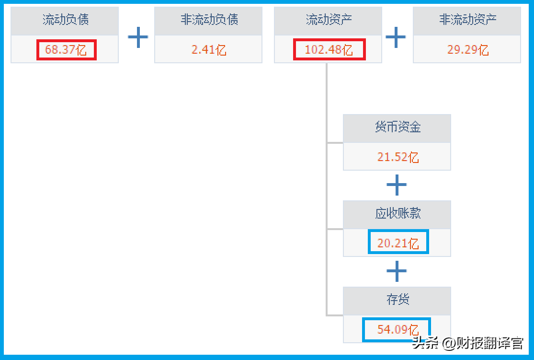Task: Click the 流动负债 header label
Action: pos(66,20)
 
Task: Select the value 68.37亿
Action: pos(66,50)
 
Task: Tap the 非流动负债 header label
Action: pos(209,20)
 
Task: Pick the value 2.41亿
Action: pos(209,50)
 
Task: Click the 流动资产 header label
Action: pos(329,20)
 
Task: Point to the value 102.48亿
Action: pos(329,50)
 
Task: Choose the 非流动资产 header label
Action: pos(467,20)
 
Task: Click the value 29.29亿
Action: pos(467,50)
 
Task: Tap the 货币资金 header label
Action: pos(398,127)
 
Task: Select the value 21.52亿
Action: pos(398,157)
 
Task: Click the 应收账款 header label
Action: pos(398,213)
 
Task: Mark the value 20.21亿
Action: pos(398,244)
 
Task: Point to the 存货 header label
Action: pos(398,300)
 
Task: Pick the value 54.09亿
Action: pos(398,329)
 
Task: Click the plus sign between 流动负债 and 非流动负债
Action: pos(138,37)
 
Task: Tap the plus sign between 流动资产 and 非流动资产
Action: pos(396,37)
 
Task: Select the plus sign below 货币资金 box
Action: pos(397,185)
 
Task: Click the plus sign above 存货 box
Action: pos(397,271)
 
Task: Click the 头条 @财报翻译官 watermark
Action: pos(467,343)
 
